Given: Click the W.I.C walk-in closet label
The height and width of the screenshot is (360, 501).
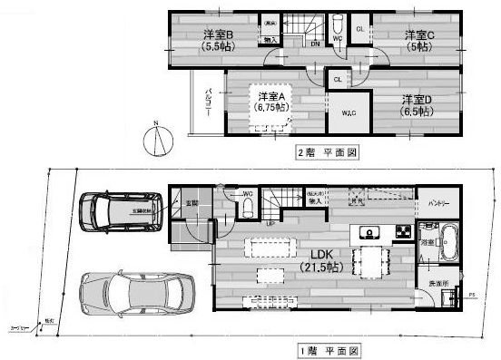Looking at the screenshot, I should [x=349, y=112].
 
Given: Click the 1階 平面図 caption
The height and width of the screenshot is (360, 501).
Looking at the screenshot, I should [x=327, y=349].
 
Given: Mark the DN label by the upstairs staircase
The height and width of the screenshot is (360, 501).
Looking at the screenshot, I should [x=314, y=43].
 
